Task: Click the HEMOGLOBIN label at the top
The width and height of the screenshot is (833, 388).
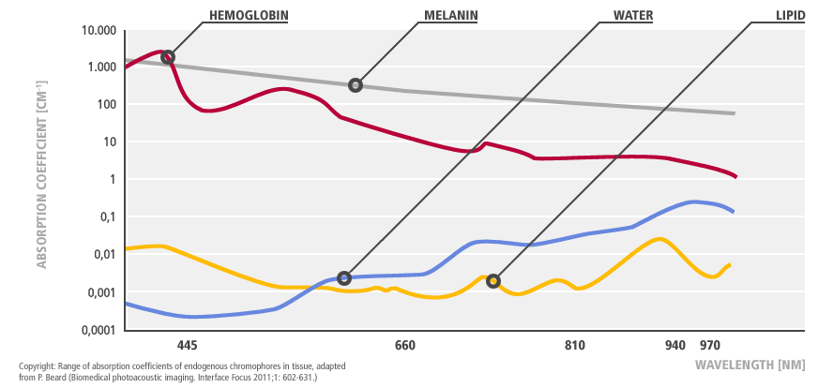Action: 248,15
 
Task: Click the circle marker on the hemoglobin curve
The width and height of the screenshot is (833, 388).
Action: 168,57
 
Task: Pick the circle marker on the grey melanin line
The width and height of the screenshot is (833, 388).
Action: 356,85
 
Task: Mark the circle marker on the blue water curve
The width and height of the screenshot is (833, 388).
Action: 344,278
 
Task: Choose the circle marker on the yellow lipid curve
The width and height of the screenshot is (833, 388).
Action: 493,280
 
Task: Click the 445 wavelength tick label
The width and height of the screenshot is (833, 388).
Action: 187,346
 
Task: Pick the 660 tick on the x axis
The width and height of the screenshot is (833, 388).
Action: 405,346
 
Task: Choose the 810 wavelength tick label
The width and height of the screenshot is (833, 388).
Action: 575,346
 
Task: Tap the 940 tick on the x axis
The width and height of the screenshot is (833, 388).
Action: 675,346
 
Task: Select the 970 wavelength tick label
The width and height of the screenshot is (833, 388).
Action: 710,346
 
